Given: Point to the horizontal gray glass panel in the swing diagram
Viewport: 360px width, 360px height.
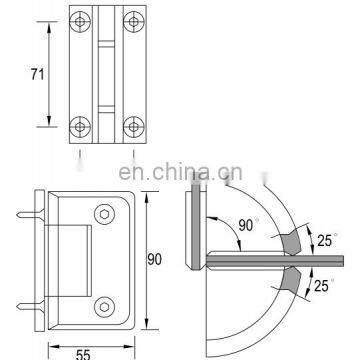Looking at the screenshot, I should (x=260, y=263).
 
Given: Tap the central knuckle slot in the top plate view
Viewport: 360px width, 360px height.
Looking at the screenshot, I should (x=105, y=73).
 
